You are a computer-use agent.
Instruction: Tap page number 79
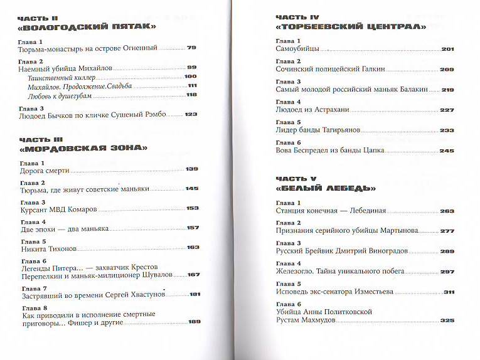tap(192, 48)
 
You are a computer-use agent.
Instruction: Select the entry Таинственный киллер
tap(54, 77)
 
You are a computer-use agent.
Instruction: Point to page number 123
tap(191, 114)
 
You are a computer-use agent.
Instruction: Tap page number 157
tap(193, 228)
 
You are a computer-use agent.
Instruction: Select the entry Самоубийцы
tap(298, 48)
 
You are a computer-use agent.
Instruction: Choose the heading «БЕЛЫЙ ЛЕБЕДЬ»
tap(326, 188)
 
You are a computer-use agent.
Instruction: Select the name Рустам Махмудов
tap(307, 320)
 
